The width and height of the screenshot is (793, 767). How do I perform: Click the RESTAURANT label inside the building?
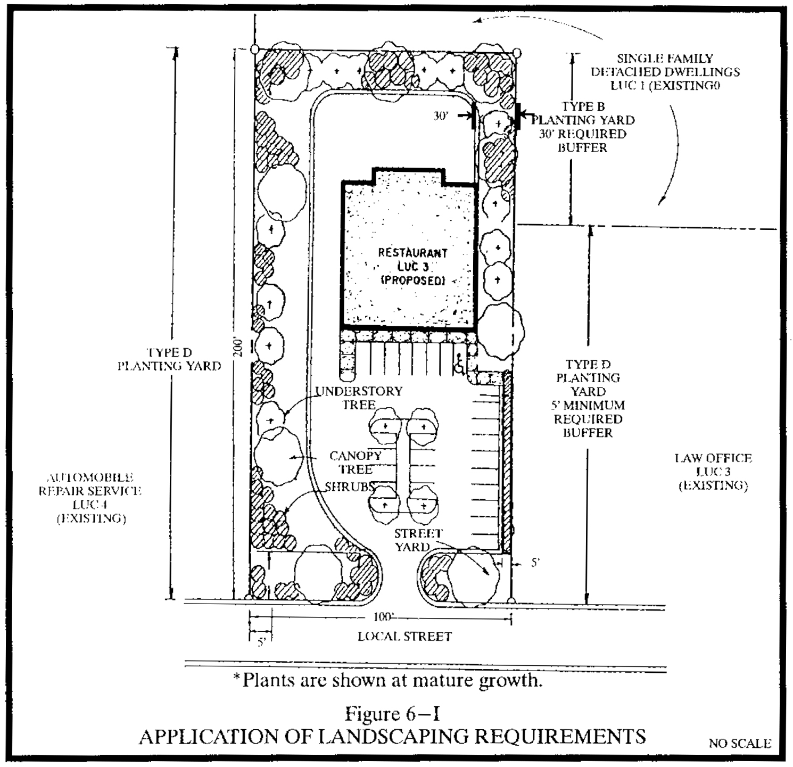tap(412, 253)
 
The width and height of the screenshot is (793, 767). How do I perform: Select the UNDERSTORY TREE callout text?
tap(359, 398)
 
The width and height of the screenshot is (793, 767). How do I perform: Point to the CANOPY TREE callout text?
tap(356, 463)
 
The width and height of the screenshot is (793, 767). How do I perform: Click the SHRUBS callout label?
tap(350, 486)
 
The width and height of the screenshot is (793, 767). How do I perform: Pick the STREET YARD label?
tap(418, 540)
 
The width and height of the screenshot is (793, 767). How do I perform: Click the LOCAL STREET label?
tap(404, 637)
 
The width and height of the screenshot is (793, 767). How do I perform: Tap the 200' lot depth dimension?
tap(239, 347)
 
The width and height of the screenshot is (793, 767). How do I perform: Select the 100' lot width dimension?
tap(383, 617)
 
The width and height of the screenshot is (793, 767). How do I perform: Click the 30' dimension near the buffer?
tap(441, 116)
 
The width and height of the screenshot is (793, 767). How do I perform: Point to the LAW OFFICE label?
tap(713, 472)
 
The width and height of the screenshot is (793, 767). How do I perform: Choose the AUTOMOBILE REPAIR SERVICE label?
tap(90, 498)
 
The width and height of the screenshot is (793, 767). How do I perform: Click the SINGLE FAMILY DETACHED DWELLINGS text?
tap(665, 72)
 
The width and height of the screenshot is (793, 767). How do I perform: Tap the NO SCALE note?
tap(740, 744)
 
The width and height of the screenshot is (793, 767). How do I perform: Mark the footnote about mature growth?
tap(388, 680)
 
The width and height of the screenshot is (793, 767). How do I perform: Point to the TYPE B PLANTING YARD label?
tap(583, 113)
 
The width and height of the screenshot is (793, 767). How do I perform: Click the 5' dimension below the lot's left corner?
tap(261, 642)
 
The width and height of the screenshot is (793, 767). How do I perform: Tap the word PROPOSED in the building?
tap(413, 281)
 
